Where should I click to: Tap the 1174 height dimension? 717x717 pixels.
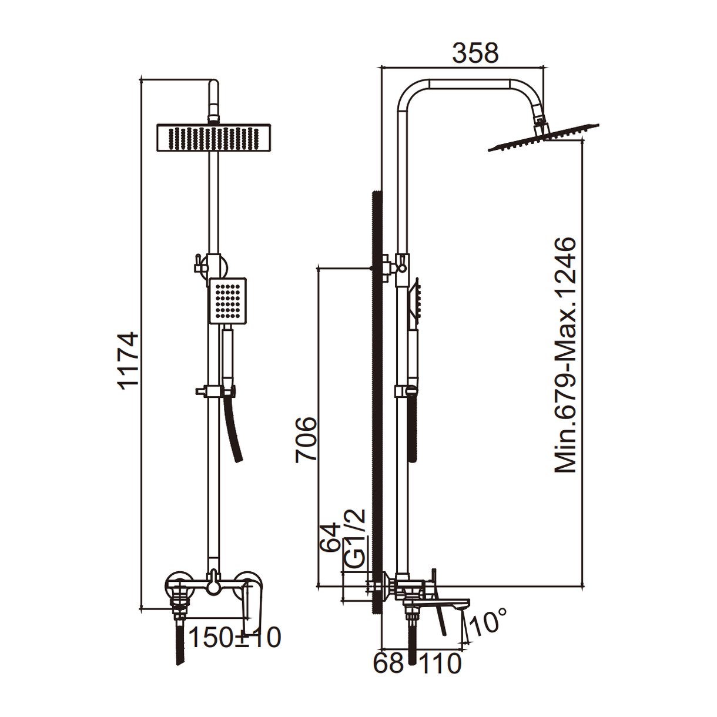point(128,360)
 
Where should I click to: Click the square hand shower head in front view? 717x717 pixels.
point(228,299)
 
